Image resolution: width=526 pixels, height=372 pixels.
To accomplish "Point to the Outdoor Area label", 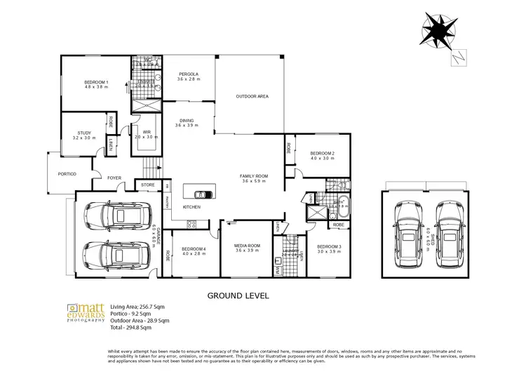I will pyautogui.click(x=252, y=96).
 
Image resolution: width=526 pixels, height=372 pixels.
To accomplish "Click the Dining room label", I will pyautogui.click(x=186, y=121).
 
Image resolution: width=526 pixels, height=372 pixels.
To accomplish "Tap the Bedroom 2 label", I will pyautogui.click(x=322, y=152).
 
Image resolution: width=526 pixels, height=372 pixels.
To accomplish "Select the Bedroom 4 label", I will pyautogui.click(x=194, y=249).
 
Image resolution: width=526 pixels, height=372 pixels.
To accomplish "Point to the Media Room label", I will pyautogui.click(x=248, y=246).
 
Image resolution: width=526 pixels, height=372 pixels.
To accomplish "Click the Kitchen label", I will pyautogui.click(x=192, y=207).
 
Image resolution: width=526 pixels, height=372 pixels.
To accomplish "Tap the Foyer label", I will pyautogui.click(x=114, y=178).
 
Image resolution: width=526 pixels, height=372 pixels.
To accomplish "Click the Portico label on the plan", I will pyautogui.click(x=67, y=174).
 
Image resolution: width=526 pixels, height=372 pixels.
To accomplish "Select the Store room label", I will pyautogui.click(x=148, y=185).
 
